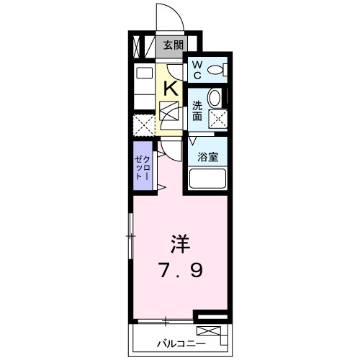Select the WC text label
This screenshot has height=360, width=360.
pos(196,70)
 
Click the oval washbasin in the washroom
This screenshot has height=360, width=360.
pos(215,98)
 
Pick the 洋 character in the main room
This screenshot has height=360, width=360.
pos(180,243)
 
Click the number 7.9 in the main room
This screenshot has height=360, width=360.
pos(180,271)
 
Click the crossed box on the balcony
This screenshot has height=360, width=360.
pos(210,332)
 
